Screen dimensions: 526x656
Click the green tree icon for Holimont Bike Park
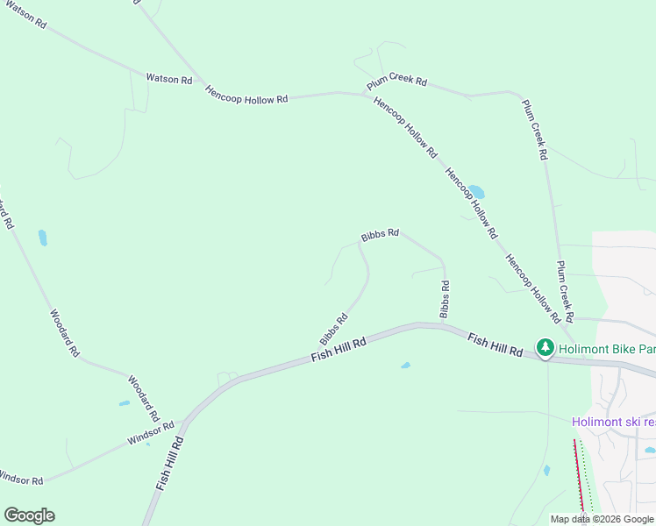[545, 348]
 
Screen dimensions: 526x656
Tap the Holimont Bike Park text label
[607, 348]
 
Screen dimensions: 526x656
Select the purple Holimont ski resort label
[613, 422]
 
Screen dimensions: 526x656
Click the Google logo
[29, 515]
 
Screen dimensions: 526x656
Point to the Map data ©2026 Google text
[602, 519]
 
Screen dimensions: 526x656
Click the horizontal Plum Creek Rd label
[396, 82]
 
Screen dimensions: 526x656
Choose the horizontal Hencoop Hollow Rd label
[246, 95]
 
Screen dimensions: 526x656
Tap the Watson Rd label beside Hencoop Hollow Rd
[168, 79]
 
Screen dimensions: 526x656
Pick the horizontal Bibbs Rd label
[380, 235]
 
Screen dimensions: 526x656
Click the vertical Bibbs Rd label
[446, 299]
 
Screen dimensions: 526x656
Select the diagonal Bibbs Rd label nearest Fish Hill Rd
[334, 329]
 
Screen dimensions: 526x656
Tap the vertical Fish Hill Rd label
[168, 463]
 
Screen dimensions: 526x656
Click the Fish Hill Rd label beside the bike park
[495, 345]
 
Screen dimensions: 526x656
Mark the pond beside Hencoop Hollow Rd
[476, 191]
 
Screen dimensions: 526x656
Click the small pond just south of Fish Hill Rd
[405, 365]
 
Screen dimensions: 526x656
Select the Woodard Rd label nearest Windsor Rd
[144, 398]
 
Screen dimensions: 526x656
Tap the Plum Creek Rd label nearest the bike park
[564, 290]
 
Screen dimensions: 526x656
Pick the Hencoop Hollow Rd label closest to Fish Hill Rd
[532, 287]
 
